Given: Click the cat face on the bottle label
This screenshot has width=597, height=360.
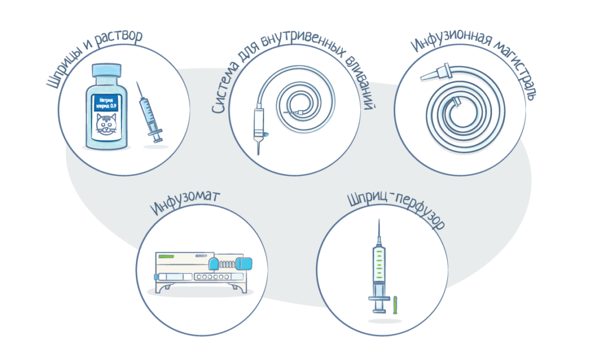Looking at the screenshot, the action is [x=106, y=124].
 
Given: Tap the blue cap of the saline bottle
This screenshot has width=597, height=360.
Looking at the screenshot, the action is [x=107, y=70].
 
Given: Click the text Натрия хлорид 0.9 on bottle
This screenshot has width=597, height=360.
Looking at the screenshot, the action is [x=106, y=103].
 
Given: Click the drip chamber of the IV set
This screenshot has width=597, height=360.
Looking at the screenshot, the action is [x=259, y=122].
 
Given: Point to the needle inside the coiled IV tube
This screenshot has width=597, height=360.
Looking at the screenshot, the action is [x=295, y=112].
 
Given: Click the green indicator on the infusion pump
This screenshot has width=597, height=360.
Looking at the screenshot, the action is [x=166, y=256].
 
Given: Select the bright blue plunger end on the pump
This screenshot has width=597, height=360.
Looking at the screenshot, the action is [x=244, y=263].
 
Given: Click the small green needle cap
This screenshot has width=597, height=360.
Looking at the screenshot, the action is [x=395, y=305].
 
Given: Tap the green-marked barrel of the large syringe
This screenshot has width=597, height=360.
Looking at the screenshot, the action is [x=379, y=264].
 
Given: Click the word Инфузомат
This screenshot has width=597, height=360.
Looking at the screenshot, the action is [x=185, y=202].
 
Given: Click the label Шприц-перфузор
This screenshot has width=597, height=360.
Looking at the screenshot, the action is [x=396, y=210].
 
